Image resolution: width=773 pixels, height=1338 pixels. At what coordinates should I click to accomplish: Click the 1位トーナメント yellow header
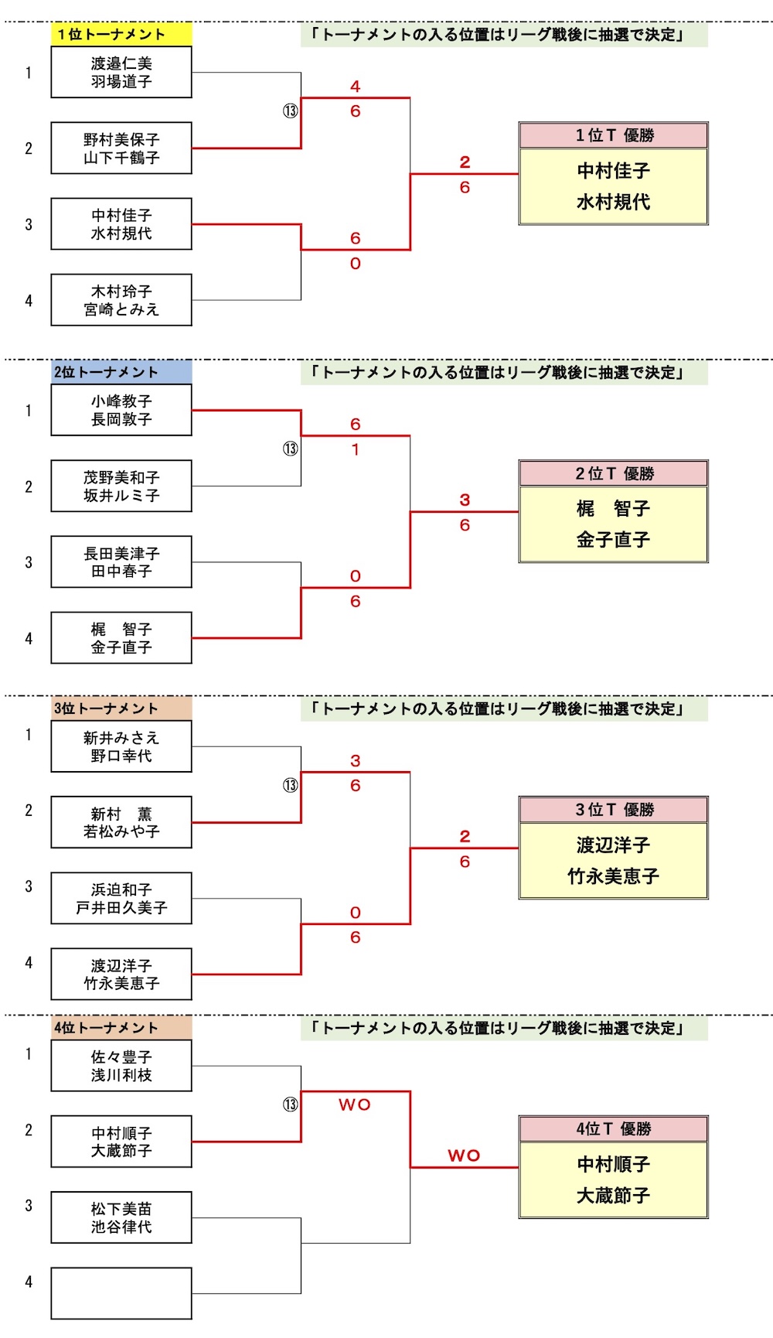click(121, 34)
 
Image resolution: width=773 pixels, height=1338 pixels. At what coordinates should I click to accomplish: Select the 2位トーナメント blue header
click(121, 372)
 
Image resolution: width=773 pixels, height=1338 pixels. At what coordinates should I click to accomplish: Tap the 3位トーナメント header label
click(121, 708)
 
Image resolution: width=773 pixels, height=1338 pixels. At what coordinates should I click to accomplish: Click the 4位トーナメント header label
click(121, 1028)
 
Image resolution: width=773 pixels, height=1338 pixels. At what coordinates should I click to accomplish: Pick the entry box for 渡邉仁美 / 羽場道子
click(121, 73)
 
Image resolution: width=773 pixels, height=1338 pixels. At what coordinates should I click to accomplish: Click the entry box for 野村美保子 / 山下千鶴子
click(121, 148)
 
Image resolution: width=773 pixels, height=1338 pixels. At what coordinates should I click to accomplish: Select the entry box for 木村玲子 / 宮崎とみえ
click(121, 300)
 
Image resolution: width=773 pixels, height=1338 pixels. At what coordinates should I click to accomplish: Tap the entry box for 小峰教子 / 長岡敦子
click(121, 411)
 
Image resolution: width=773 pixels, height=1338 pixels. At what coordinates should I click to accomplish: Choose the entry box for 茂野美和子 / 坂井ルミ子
click(121, 486)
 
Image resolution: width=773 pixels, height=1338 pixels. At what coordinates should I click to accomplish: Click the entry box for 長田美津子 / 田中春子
click(121, 562)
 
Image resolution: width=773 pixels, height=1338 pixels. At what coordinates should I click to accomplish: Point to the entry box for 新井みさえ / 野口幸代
click(121, 747)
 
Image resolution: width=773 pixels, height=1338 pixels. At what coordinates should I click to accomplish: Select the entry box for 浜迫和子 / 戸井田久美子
click(121, 899)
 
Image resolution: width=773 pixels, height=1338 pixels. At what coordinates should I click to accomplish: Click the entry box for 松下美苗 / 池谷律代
click(121, 1217)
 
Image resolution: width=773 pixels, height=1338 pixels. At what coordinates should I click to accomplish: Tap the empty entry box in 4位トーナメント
click(121, 1293)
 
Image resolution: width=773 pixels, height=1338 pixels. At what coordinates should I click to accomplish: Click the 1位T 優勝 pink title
click(614, 135)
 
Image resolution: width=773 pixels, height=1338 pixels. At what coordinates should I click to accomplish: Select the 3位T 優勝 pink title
click(614, 810)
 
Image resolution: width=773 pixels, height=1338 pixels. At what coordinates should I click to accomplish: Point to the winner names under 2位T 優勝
click(614, 524)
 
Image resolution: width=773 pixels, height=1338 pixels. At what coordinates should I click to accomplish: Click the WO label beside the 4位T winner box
click(464, 1155)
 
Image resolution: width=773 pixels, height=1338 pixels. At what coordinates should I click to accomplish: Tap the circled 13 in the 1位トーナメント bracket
click(290, 111)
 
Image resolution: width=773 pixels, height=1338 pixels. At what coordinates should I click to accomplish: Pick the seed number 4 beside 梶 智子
click(29, 639)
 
